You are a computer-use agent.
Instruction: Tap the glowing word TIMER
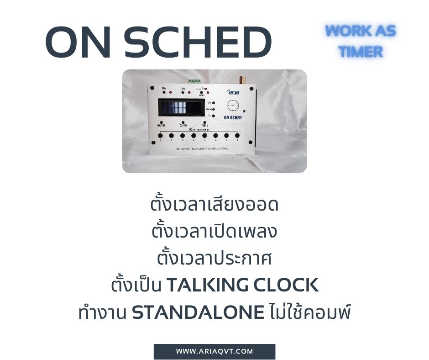tap(361, 52)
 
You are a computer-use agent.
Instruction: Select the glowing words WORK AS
tap(361, 31)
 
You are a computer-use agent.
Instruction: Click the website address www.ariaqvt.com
tap(214, 351)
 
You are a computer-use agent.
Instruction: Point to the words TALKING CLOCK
tap(242, 286)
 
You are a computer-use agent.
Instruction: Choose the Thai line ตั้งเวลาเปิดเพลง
tap(214, 232)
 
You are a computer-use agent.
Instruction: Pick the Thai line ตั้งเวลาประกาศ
tap(214, 259)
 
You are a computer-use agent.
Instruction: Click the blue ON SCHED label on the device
tap(233, 117)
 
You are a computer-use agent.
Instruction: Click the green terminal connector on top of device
tap(194, 81)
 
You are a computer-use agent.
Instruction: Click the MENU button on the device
tap(198, 123)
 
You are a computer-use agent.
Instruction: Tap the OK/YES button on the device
tap(162, 123)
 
